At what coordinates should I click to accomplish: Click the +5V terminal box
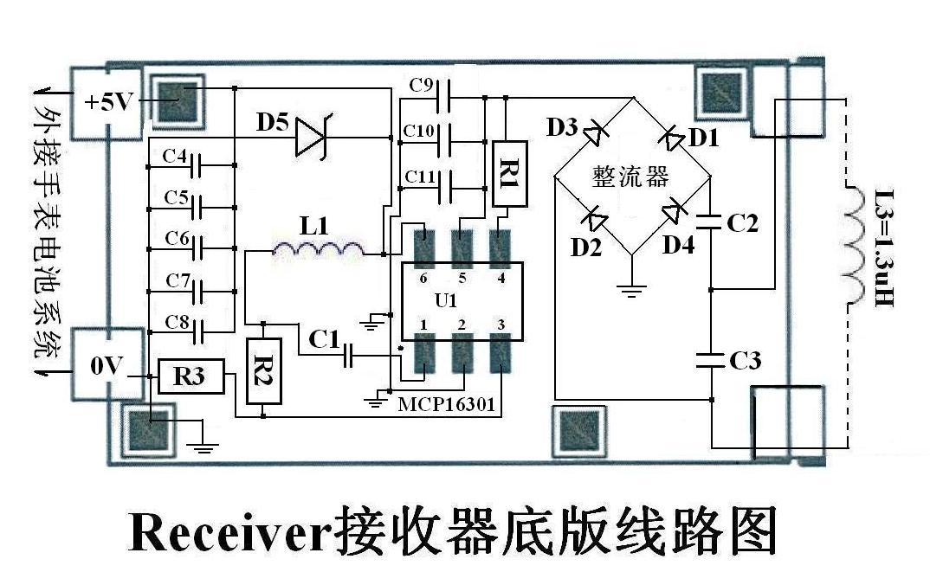tap(107, 103)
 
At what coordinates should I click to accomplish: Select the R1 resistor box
tap(510, 174)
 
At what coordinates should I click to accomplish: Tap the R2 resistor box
tap(264, 371)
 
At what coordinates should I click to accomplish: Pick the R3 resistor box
tap(191, 376)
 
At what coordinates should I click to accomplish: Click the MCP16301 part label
tap(445, 405)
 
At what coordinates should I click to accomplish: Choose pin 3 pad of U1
tap(501, 353)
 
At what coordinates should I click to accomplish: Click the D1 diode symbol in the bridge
tap(672, 138)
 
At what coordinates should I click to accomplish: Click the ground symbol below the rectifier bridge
tap(631, 290)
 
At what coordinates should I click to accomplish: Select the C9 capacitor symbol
tap(442, 96)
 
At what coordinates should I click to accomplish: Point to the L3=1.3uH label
tap(884, 247)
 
